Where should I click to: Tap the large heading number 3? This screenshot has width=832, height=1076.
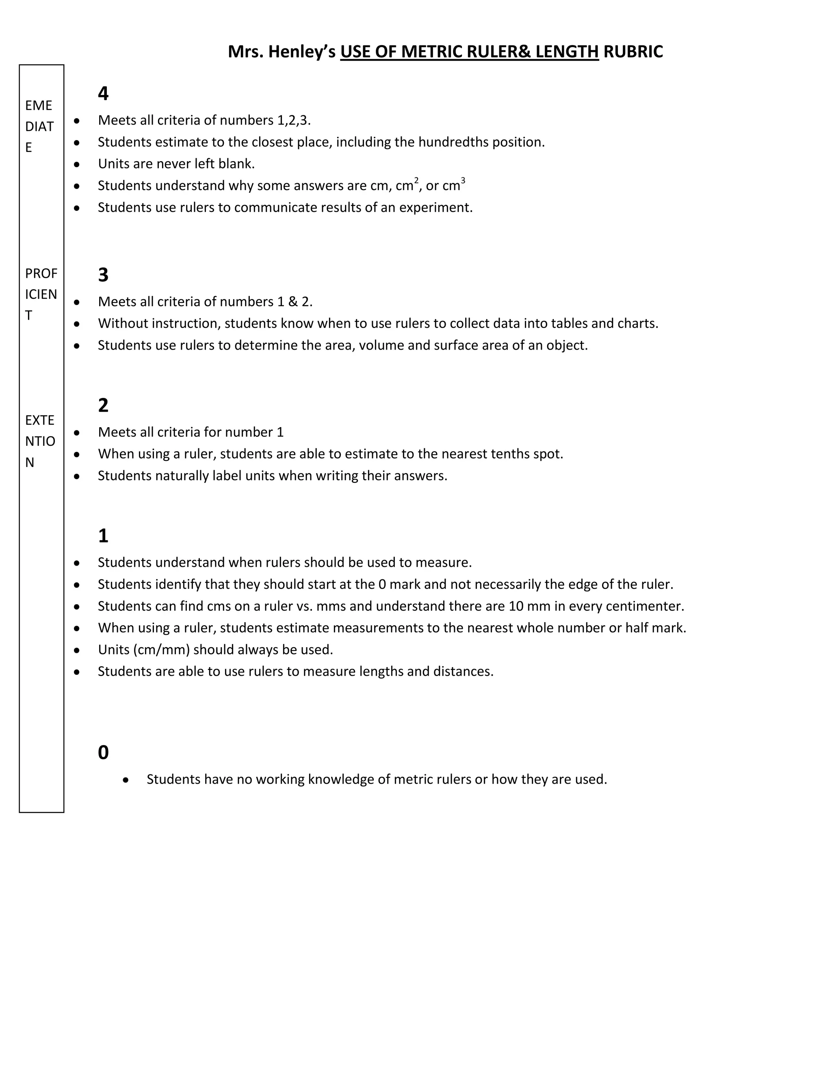pos(103,275)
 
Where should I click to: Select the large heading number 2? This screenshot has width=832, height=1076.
pos(103,406)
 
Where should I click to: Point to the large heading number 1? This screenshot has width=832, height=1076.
pos(103,536)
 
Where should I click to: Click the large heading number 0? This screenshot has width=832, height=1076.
pos(103,752)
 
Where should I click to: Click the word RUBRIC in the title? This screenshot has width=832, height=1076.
pos(633,52)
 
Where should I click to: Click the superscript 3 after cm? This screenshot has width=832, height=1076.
pos(463,181)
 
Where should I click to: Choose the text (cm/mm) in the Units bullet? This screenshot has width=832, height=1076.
pos(161,650)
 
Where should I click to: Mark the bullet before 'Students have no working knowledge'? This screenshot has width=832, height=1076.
pos(126,780)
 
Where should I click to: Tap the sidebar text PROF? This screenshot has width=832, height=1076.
pos(41,273)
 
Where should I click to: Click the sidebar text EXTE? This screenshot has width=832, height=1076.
pos(39,420)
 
